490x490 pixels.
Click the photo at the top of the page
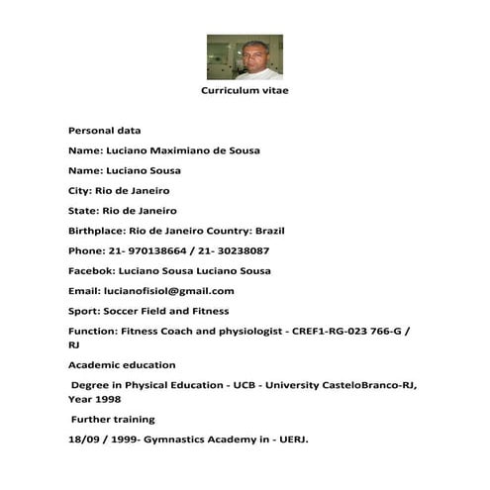pos(245,56)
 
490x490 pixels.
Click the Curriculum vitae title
pos(245,90)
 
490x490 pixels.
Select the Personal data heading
pos(104,131)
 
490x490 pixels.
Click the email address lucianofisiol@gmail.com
pos(169,291)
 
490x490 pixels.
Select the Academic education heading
pos(122,365)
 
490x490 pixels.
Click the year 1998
pos(108,400)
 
